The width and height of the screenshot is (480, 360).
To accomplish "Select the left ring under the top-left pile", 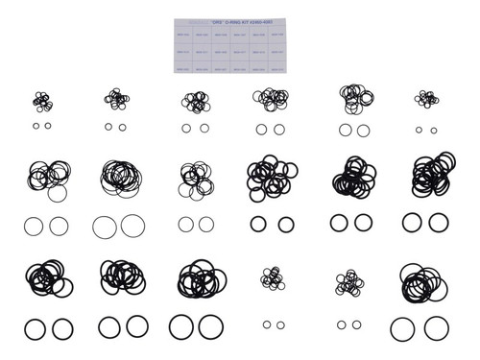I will [36, 126].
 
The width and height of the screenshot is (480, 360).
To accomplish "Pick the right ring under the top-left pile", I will [47, 126].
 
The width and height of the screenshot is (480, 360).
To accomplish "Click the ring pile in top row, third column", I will [194, 101].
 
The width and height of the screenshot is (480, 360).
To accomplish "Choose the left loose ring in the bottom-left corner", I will [36, 328].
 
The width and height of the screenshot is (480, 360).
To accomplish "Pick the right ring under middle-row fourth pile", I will [285, 225].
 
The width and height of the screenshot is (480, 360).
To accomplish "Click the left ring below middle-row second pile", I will [105, 227].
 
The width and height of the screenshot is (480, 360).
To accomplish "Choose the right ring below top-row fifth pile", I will [363, 130].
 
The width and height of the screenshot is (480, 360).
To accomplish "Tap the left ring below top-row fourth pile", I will [261, 129].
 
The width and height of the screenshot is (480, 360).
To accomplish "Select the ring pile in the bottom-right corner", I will [422, 278].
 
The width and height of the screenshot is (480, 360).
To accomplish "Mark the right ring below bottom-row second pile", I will [137, 326].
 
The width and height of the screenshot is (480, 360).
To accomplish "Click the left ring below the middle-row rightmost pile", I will [412, 223].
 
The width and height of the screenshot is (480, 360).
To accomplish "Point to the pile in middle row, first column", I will [46, 177].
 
